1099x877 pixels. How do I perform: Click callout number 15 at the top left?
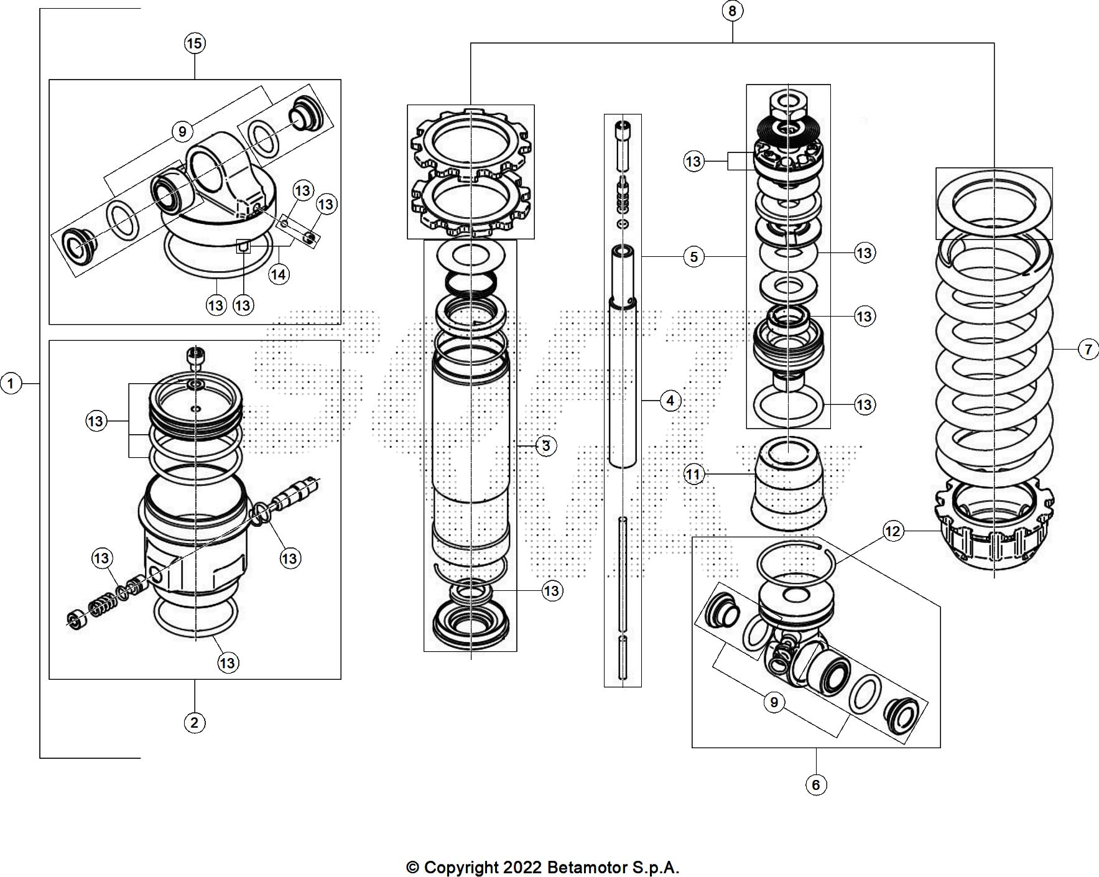(195, 44)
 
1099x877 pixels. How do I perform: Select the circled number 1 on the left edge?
(11, 384)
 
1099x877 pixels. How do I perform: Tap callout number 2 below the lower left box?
(195, 723)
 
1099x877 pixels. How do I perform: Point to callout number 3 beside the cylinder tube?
(546, 446)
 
